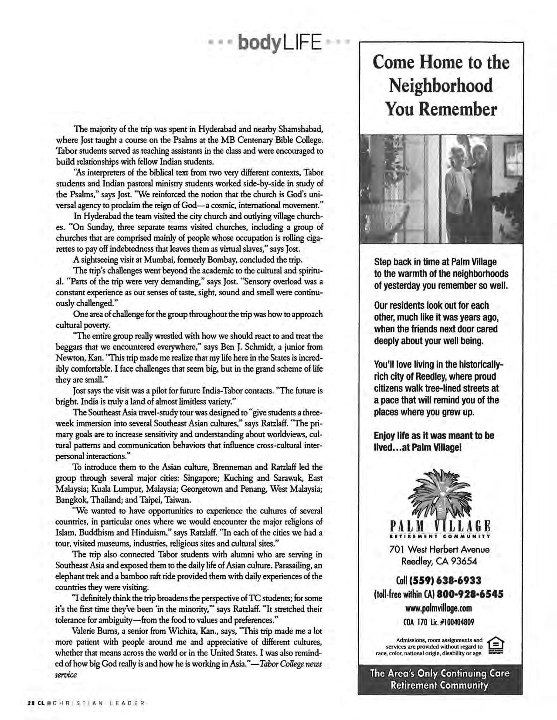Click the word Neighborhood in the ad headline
point(441,86)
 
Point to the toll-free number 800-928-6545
point(470,594)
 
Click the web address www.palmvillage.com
point(439,608)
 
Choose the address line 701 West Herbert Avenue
point(439,549)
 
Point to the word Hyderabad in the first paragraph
point(218,129)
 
